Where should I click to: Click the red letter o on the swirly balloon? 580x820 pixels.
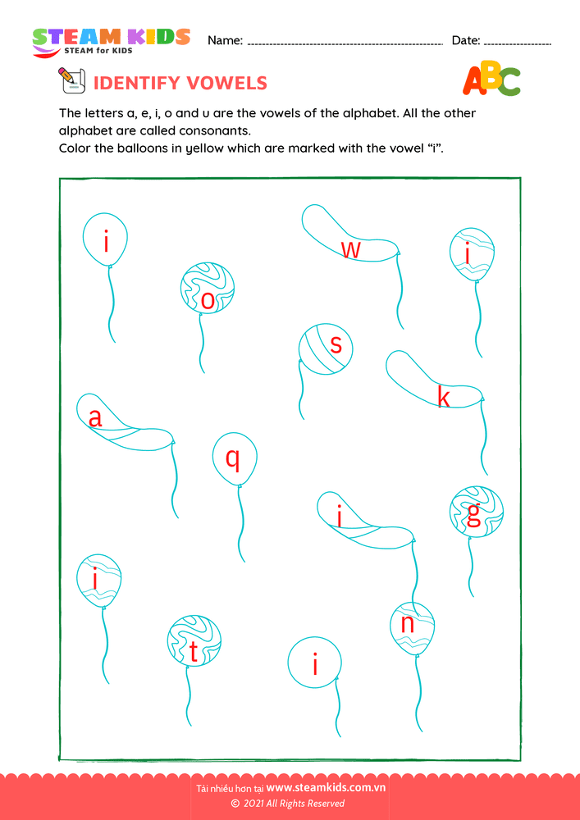pyautogui.click(x=208, y=302)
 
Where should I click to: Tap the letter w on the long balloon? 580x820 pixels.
pyautogui.click(x=350, y=249)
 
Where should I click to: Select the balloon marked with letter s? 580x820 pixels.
pyautogui.click(x=327, y=348)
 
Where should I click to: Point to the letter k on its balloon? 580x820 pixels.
pyautogui.click(x=443, y=398)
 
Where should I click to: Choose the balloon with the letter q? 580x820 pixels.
pyautogui.click(x=235, y=459)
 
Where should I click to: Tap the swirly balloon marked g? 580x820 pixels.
pyautogui.click(x=477, y=512)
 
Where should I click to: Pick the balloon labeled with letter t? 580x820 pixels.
pyautogui.click(x=194, y=641)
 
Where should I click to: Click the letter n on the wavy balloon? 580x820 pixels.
pyautogui.click(x=408, y=625)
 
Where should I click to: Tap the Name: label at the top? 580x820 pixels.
pyautogui.click(x=225, y=40)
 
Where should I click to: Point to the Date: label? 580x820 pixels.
pyautogui.click(x=465, y=40)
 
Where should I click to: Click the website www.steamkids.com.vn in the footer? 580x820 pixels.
pyautogui.click(x=327, y=789)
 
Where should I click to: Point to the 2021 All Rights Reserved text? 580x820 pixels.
pyautogui.click(x=294, y=804)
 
